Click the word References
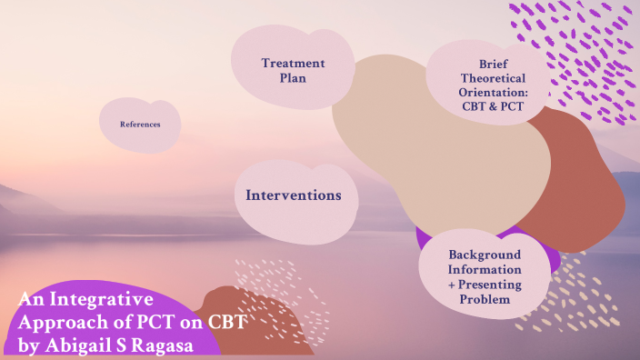pos(140,124)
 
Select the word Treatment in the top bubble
pos(293,64)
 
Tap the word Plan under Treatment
pos(293,78)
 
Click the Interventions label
pos(294,195)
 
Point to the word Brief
pos(492,64)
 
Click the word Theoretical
pos(492,78)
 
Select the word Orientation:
pos(492,93)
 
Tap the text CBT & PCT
pos(492,107)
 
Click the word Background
pos(485,255)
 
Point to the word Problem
pos(485,299)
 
